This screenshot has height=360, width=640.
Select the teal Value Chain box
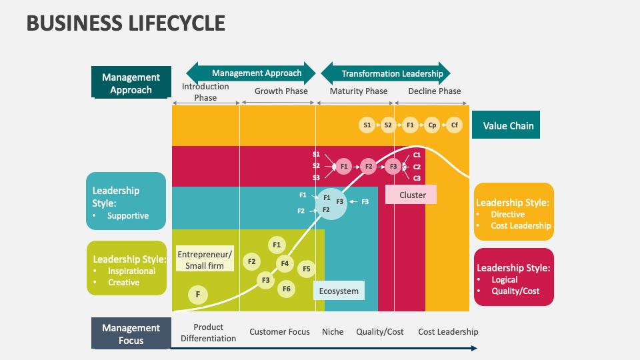coord(505,125)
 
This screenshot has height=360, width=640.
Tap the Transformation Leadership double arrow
coord(385,73)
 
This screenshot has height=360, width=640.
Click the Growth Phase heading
coord(281,91)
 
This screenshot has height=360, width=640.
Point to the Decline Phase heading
coord(434,91)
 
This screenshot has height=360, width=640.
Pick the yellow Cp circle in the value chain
coord(432,125)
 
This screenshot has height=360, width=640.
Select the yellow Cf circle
coord(454,125)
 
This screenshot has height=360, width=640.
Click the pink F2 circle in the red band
coord(368,166)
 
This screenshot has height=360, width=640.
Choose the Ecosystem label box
coord(338,291)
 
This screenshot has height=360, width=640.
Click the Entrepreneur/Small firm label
coord(205,259)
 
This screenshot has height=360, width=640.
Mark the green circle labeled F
coord(197,295)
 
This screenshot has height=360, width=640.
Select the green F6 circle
coord(286,289)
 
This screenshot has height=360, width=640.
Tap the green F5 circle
coord(306,269)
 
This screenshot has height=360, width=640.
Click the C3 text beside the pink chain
coord(417,178)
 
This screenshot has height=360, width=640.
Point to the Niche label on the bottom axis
coord(333,331)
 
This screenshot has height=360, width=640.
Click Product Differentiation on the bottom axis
coord(208,333)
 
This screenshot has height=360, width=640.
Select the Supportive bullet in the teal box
coord(127,216)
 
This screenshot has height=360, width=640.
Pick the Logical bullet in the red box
coord(505,280)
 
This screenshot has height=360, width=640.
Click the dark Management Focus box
coord(131,333)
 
